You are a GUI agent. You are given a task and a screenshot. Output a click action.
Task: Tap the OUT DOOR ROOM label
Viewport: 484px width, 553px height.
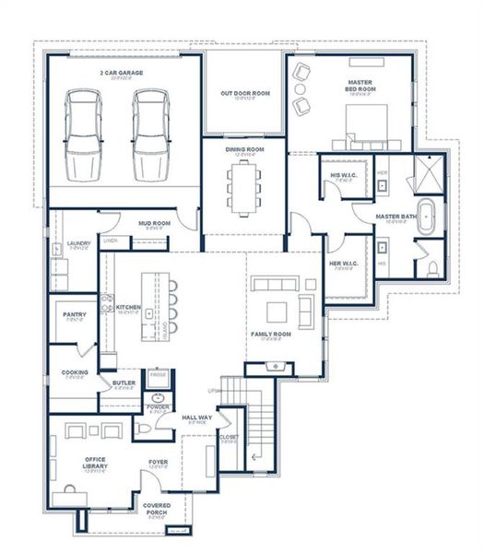(244, 93)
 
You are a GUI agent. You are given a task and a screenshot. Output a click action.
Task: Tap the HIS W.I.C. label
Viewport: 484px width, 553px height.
(344, 175)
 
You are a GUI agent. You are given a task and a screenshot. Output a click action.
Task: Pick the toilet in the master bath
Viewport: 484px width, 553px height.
(434, 266)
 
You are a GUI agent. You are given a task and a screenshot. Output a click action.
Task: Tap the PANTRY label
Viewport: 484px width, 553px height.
(75, 315)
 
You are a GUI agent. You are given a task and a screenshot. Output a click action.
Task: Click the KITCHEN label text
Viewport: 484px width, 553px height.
(127, 307)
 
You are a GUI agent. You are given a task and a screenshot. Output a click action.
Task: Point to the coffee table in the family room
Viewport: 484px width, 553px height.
(276, 310)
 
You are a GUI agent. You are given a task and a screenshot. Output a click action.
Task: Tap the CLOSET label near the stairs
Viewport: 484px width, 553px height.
(230, 438)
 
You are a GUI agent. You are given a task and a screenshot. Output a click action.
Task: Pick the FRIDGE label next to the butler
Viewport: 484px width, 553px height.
(159, 375)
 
